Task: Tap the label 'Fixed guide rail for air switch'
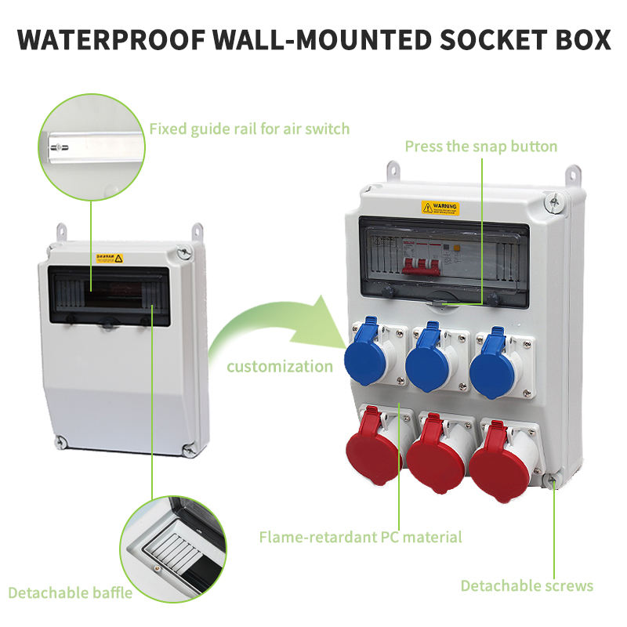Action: [x=249, y=129]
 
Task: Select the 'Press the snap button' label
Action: [x=480, y=146]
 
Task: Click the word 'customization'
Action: [x=280, y=366]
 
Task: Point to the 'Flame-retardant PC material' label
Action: [x=360, y=537]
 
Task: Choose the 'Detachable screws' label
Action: [x=527, y=585]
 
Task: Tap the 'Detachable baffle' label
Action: [x=70, y=592]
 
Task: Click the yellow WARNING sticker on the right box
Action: [x=440, y=208]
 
